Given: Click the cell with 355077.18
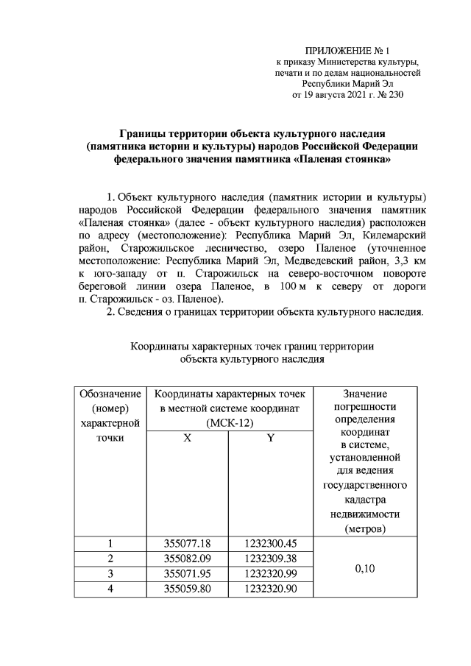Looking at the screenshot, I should pyautogui.click(x=187, y=544).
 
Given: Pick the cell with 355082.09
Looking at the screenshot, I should pyautogui.click(x=187, y=559).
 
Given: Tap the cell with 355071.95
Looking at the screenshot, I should pyautogui.click(x=187, y=573).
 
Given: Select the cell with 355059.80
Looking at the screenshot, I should pyautogui.click(x=187, y=588).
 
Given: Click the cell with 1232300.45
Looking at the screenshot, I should pyautogui.click(x=270, y=544).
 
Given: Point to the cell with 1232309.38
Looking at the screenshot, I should pyautogui.click(x=270, y=559).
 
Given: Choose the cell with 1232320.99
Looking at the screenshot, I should pyautogui.click(x=270, y=573).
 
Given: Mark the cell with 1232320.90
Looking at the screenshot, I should pyautogui.click(x=270, y=588).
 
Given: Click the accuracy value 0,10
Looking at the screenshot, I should pyautogui.click(x=364, y=567).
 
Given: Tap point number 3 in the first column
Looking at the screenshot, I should pyautogui.click(x=110, y=573).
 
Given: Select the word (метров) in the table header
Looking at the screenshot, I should pyautogui.click(x=364, y=528).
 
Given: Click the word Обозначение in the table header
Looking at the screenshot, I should pyautogui.click(x=110, y=394).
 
